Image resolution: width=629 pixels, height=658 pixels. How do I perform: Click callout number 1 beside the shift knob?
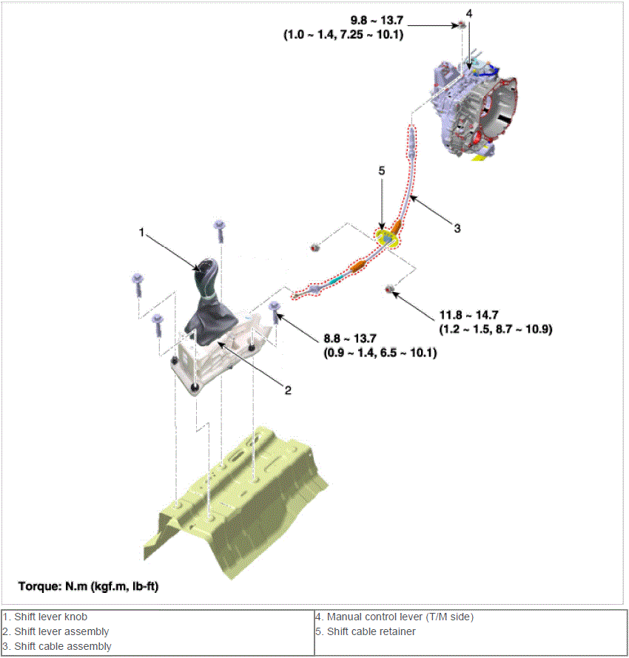pyautogui.click(x=141, y=232)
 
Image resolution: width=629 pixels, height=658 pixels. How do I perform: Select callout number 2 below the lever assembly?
pyautogui.click(x=288, y=390)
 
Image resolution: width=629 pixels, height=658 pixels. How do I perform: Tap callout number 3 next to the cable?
pyautogui.click(x=457, y=228)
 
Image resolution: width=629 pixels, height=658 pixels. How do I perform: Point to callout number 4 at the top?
pyautogui.click(x=469, y=14)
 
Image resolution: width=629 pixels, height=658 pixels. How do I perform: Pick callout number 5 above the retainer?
pyautogui.click(x=382, y=171)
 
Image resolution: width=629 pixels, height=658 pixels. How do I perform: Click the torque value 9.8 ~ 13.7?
pyautogui.click(x=377, y=20)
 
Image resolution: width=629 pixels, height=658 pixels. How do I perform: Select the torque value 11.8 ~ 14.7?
pyautogui.click(x=468, y=315)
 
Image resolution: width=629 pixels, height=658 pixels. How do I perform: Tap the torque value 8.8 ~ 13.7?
pyautogui.click(x=350, y=338)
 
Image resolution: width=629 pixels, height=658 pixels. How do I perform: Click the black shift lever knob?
pyautogui.click(x=206, y=277)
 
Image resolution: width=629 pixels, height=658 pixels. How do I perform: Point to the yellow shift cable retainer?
pyautogui.click(x=386, y=238)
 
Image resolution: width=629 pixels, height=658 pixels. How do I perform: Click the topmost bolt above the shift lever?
pyautogui.click(x=219, y=231)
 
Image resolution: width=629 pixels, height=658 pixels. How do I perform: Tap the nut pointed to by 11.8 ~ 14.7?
pyautogui.click(x=389, y=289)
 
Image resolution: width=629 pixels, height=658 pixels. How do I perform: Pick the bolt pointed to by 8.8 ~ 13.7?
pyautogui.click(x=275, y=311)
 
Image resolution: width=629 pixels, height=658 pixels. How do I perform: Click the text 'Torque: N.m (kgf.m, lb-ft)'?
pyautogui.click(x=88, y=586)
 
